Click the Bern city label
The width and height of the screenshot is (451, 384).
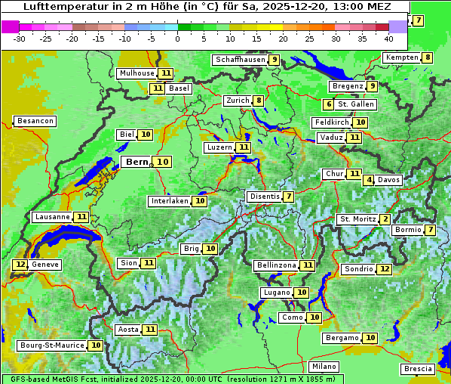tap(137, 162)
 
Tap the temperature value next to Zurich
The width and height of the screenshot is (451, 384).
tap(259, 101)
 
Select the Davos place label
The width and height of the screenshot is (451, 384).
tap(389, 180)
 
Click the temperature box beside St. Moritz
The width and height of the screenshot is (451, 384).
tap(385, 219)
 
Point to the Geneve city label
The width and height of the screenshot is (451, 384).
tap(44, 265)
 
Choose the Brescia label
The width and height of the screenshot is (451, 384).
tap(418, 369)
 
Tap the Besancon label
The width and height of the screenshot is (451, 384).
tap(35, 121)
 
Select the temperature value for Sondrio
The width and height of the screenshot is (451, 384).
tap(385, 269)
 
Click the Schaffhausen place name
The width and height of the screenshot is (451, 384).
tap(240, 60)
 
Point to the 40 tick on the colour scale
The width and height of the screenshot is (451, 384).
tap(388, 39)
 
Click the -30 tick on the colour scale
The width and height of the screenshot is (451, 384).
tap(20, 39)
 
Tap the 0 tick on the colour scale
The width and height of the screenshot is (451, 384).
tap(178, 39)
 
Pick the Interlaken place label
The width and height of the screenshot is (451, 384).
tap(170, 201)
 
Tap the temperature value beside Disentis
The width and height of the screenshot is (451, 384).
tap(289, 197)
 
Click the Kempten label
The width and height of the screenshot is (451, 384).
tap(401, 57)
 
